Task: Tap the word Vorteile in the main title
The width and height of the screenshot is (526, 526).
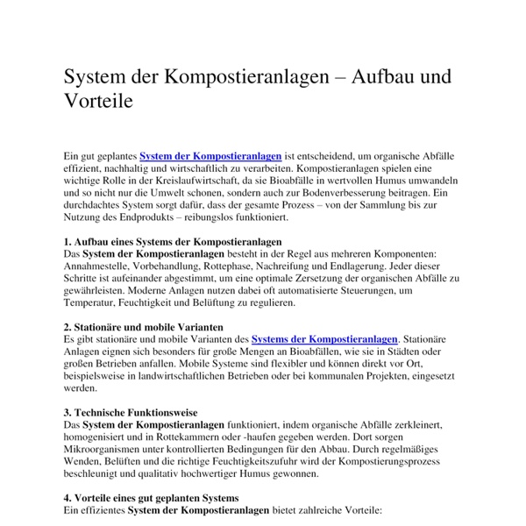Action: tap(98, 101)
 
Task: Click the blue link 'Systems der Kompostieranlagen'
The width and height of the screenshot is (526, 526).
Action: tap(324, 338)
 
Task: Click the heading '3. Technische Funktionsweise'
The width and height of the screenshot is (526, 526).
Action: tap(131, 411)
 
